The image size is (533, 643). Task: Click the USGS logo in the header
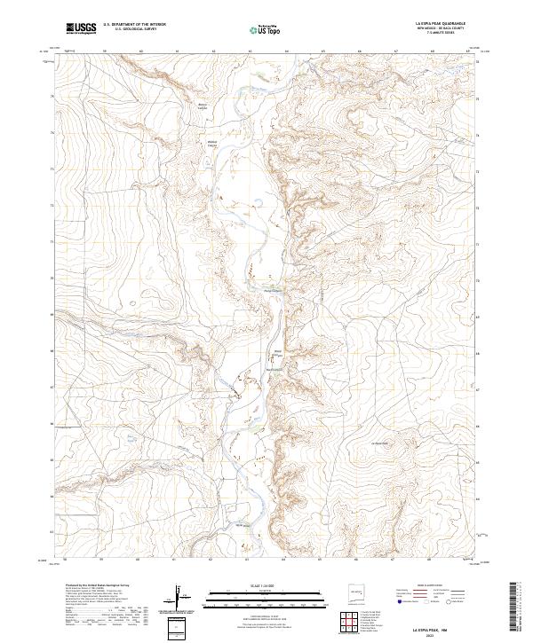[82, 28]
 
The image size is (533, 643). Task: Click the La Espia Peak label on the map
[380, 442]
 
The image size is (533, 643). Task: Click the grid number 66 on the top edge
[360, 51]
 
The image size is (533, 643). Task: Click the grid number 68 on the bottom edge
[432, 560]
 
